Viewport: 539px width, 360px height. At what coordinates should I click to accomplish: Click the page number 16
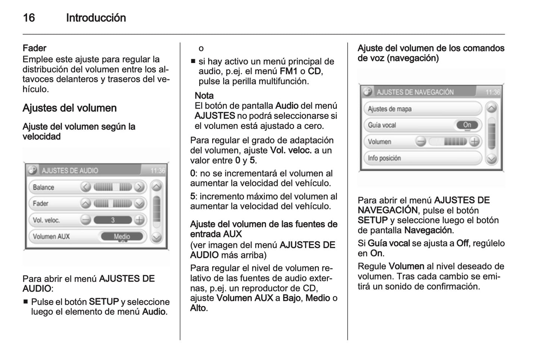pos(29,18)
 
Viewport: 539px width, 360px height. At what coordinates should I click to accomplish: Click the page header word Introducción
pos(96,18)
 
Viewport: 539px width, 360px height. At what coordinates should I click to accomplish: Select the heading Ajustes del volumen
pos(69,108)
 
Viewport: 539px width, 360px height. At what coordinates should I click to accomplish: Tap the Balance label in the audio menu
pos(43,187)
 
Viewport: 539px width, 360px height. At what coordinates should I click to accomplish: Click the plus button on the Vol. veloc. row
pos(140,220)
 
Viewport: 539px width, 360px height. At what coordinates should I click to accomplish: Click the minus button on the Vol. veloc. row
pos(86,220)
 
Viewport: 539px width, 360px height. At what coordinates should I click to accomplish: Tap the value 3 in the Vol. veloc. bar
pos(113,220)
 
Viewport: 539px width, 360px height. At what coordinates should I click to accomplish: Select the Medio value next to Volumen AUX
pos(122,236)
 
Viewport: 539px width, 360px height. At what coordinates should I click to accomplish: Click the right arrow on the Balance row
pos(140,187)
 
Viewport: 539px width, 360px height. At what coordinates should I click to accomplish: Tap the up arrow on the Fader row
pos(86,203)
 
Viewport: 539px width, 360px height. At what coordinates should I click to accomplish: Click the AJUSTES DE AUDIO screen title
pos(70,171)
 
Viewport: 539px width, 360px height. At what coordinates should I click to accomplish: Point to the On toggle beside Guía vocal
pos(467,125)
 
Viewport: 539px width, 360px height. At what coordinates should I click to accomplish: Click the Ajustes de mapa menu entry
pos(389,109)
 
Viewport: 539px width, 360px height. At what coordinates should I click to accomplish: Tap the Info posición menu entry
pos(384,158)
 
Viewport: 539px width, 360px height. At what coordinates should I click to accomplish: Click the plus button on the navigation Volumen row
pos(474,142)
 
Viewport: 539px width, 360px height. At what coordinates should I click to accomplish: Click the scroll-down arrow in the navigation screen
pos(492,159)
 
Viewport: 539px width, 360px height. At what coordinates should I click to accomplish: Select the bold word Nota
pos(204,95)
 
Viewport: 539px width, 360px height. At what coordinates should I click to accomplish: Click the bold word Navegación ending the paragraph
pos(428,230)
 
